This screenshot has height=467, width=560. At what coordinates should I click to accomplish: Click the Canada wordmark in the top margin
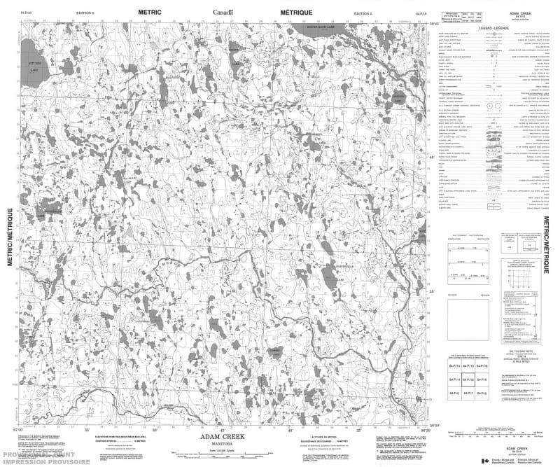(223, 12)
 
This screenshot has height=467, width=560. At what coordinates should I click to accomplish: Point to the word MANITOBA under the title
(223, 442)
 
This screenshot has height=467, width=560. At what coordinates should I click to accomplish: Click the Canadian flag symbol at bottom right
(486, 459)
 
